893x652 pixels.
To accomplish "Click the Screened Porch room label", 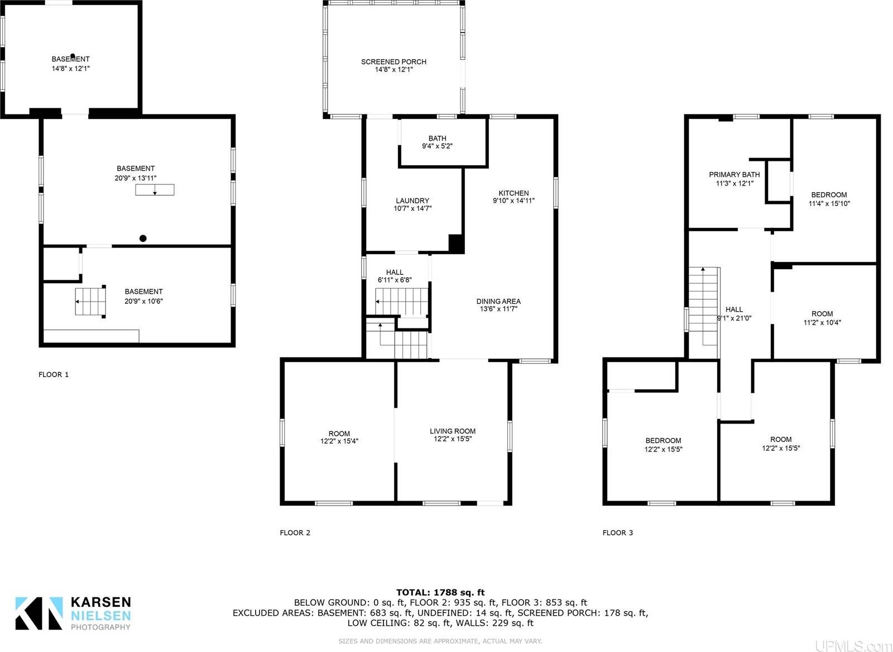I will tap(393, 62).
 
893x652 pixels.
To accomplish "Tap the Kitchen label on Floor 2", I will tap(513, 193).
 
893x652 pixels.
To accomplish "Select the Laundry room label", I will tap(412, 201).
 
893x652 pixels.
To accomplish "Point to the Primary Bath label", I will tap(734, 174).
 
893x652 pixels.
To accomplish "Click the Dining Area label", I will tap(498, 301).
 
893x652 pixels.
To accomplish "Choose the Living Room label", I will tap(453, 431).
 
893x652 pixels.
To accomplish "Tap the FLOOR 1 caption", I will tap(54, 374).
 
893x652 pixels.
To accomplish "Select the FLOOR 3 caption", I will tap(618, 532).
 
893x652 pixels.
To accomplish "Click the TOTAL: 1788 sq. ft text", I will tap(440, 592).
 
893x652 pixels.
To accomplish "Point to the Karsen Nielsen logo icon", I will tap(39, 613).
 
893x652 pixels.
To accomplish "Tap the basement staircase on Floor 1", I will tap(90, 302).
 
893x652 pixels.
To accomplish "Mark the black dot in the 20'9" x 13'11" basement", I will tap(143, 239).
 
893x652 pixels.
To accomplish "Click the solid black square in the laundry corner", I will tap(457, 244).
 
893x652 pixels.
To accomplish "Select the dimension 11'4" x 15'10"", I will tap(829, 204).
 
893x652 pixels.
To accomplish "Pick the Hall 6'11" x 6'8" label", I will tap(395, 276).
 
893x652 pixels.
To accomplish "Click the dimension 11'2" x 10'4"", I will tap(822, 322).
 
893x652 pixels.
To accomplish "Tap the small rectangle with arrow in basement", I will tap(155, 190).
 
